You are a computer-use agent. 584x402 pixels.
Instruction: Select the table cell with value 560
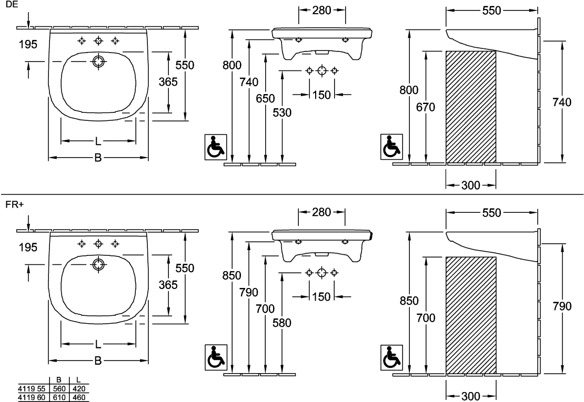coord(59,388)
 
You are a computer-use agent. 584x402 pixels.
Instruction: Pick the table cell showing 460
coord(78,397)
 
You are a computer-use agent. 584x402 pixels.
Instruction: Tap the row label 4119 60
coord(32,397)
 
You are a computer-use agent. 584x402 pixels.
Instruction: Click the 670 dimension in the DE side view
coord(425,107)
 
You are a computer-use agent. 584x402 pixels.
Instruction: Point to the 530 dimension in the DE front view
coord(283,112)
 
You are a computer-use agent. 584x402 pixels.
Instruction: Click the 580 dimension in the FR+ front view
coord(283,323)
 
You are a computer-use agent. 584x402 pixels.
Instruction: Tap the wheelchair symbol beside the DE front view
coord(215,147)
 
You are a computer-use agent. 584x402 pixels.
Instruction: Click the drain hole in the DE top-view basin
coord(98,61)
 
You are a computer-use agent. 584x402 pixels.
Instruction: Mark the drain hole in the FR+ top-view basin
coord(98,264)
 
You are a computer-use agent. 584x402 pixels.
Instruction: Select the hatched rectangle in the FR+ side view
coord(471,315)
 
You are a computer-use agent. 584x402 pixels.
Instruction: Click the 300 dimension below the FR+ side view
coord(471,395)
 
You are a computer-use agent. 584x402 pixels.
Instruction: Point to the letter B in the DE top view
coord(98,157)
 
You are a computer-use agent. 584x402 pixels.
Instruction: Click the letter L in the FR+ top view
coord(98,344)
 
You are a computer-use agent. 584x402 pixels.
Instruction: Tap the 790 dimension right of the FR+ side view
coord(562,306)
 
